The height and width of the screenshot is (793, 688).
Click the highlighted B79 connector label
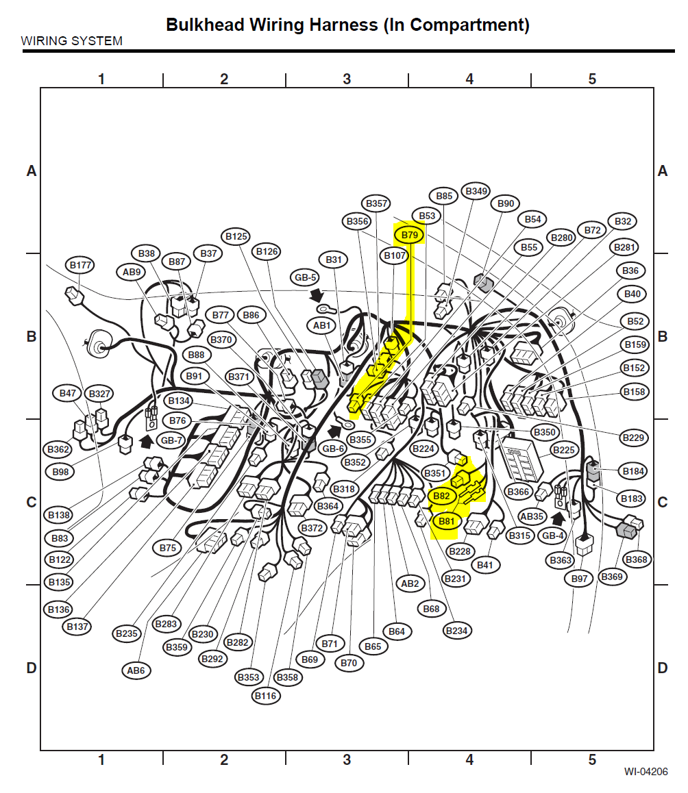pos(410,235)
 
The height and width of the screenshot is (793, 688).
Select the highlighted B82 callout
pos(441,496)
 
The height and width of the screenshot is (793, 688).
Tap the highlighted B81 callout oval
pos(447,521)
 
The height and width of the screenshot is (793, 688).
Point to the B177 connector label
pos(80,265)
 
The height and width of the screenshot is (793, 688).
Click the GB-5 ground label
pos(305,277)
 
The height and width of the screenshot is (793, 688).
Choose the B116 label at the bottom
pos(266,696)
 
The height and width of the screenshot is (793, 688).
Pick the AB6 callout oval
pos(136,670)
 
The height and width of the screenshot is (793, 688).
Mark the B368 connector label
pos(637,559)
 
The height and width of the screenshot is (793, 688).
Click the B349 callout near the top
pos(476,191)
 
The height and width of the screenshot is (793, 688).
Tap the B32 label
pos(623,221)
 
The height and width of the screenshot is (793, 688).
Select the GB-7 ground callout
pos(171,440)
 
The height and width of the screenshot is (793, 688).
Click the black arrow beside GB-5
pos(317,295)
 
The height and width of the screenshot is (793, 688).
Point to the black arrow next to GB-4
pos(558,519)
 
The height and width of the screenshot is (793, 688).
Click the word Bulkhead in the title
pos(205,25)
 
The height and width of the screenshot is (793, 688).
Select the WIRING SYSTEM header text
pos(72,41)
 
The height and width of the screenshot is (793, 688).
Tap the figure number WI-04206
pos(646,772)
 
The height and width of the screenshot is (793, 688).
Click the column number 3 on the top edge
pos(347,79)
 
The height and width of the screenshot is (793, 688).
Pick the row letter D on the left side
pos(32,668)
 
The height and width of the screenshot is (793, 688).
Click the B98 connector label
pos(60,472)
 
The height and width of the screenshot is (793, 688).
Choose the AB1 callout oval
pos(321,326)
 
